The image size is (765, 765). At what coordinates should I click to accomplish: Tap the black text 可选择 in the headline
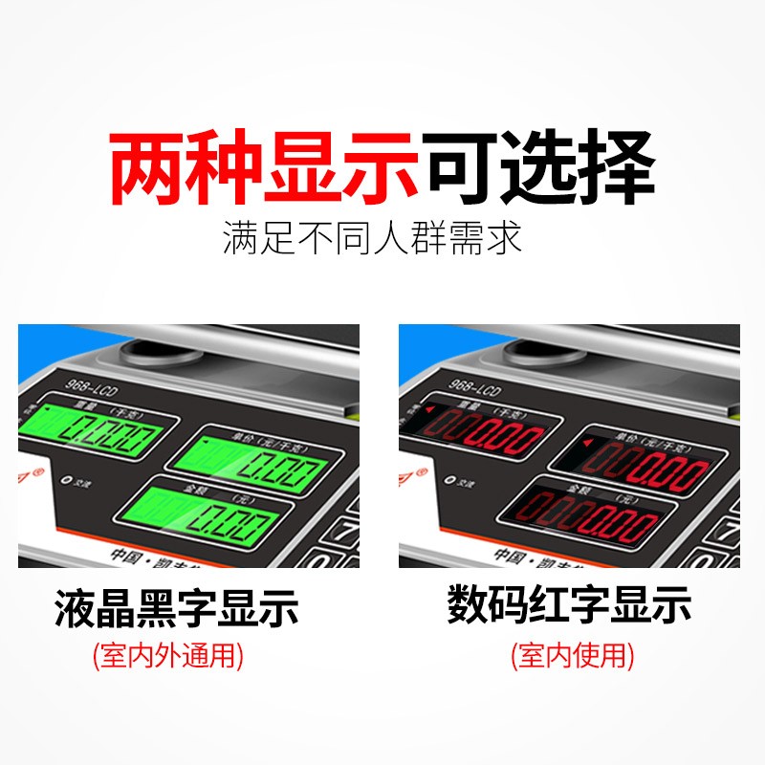(x=540, y=170)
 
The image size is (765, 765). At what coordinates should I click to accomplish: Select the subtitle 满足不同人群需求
(x=373, y=237)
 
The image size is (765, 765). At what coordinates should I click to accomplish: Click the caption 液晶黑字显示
(x=176, y=609)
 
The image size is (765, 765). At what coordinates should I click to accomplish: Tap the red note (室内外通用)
(x=167, y=657)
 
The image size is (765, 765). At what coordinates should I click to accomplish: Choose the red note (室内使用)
(x=572, y=657)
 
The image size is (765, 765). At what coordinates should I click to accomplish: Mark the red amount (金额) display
(x=587, y=523)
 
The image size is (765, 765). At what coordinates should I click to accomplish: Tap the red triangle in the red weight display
(x=429, y=410)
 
